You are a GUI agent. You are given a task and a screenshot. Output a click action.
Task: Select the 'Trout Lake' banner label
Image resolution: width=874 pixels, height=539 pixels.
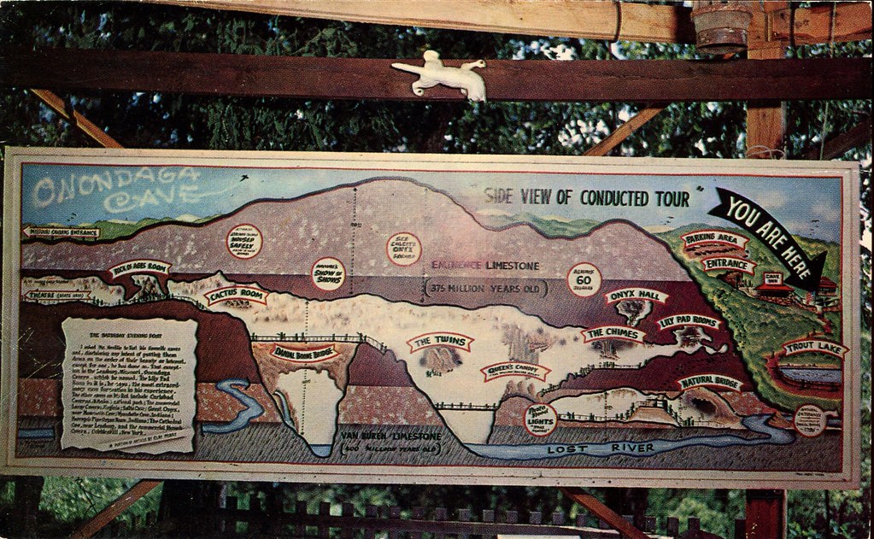(812, 349)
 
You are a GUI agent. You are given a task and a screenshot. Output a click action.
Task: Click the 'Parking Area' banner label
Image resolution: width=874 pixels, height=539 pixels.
(714, 241)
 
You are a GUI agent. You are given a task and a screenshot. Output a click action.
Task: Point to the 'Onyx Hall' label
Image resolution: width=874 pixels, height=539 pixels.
(636, 296)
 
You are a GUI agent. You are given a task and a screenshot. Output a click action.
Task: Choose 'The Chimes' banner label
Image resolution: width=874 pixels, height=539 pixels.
(613, 333)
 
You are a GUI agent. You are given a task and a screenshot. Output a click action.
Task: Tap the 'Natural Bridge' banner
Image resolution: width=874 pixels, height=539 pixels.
(710, 382)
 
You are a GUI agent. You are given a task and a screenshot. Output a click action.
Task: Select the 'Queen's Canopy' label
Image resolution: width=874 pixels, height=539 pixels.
(514, 371)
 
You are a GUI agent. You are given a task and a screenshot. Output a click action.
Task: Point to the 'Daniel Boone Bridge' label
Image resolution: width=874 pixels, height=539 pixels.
(303, 351)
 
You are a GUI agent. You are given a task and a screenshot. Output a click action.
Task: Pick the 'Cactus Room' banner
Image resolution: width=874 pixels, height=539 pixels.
(236, 296)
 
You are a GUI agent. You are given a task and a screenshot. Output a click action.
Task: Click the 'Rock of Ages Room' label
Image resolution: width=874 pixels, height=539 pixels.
(139, 268)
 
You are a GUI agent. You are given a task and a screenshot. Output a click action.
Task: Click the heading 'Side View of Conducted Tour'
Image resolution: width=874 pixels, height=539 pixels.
(586, 197)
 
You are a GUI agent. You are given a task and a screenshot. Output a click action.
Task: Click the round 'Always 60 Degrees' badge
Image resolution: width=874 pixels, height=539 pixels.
(584, 279)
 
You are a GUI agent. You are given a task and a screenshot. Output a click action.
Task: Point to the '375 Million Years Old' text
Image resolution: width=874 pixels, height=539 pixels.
(484, 288)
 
